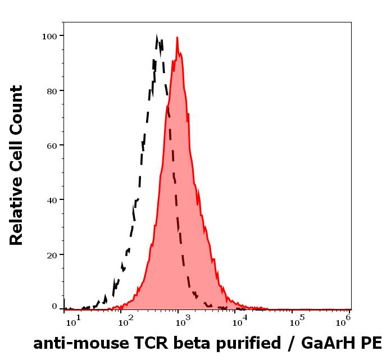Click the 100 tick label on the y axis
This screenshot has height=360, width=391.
click(49, 36)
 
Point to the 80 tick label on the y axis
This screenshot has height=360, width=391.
click(51, 90)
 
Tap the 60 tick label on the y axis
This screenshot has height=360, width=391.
click(51, 145)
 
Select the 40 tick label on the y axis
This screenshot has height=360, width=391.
click(51, 199)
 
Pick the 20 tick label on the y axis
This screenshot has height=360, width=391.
click(51, 254)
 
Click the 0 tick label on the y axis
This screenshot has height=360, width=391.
click(54, 307)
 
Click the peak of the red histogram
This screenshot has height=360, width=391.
click(177, 38)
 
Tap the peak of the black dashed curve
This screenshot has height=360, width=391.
click(158, 37)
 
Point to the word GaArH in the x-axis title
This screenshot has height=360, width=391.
click(329, 343)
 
